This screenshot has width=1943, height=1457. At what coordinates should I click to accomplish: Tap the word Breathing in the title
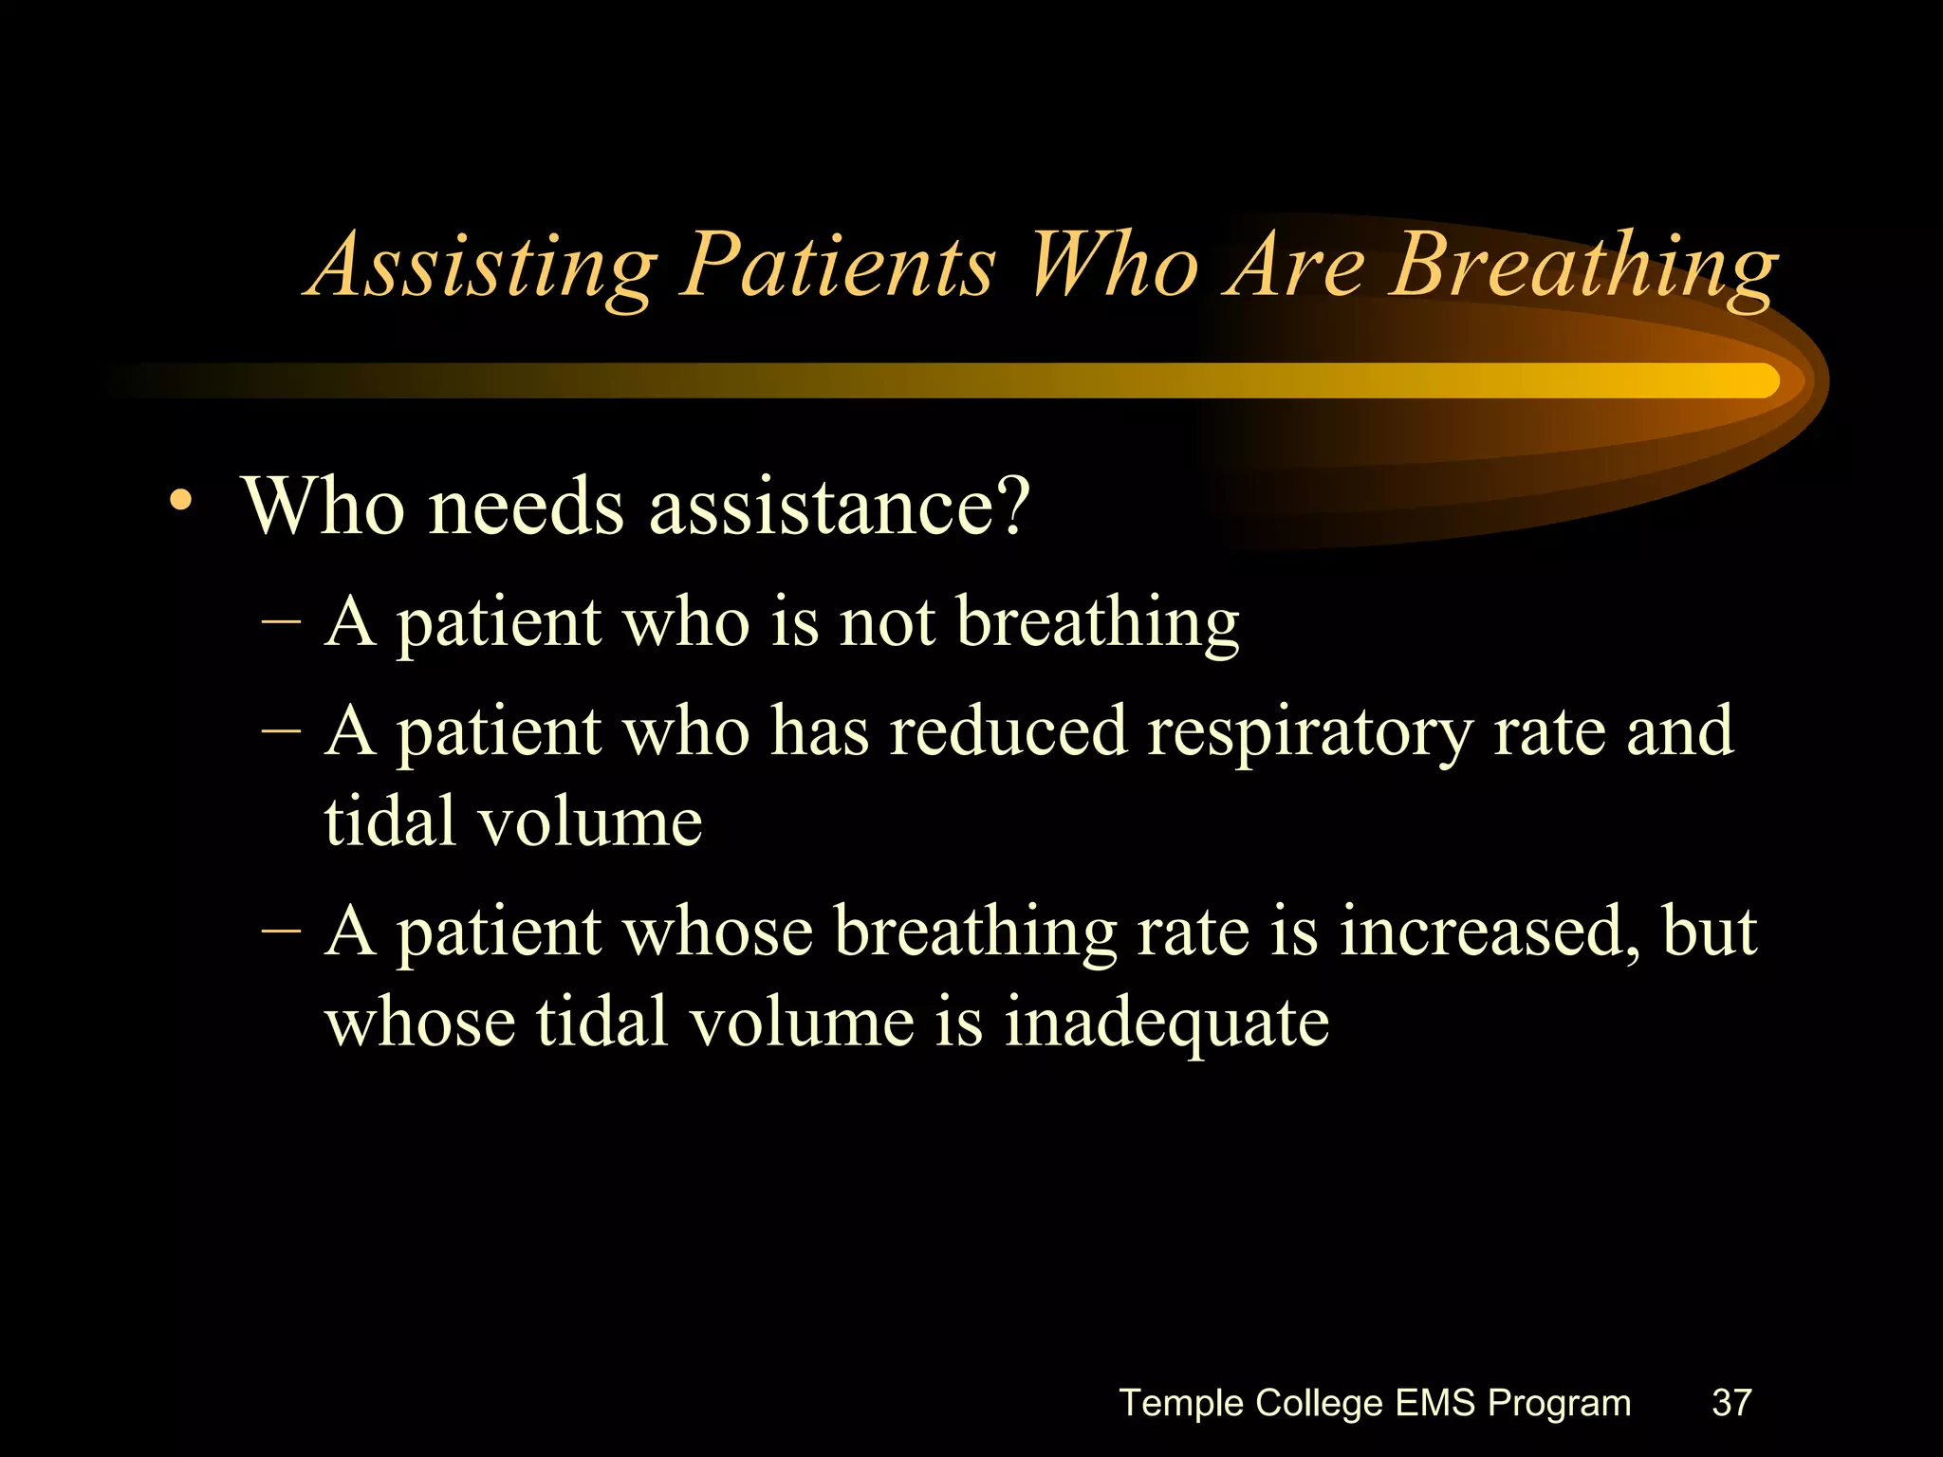coord(1582,266)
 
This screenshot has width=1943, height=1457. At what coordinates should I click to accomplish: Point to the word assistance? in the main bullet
coord(839,507)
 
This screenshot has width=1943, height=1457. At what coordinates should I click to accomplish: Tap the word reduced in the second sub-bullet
coord(1008,731)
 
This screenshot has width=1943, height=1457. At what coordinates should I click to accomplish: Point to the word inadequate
coord(1166,1023)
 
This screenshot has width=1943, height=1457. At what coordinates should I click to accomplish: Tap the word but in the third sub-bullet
coord(1709,931)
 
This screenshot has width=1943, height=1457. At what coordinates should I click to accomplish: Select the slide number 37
coord(1730,1402)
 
